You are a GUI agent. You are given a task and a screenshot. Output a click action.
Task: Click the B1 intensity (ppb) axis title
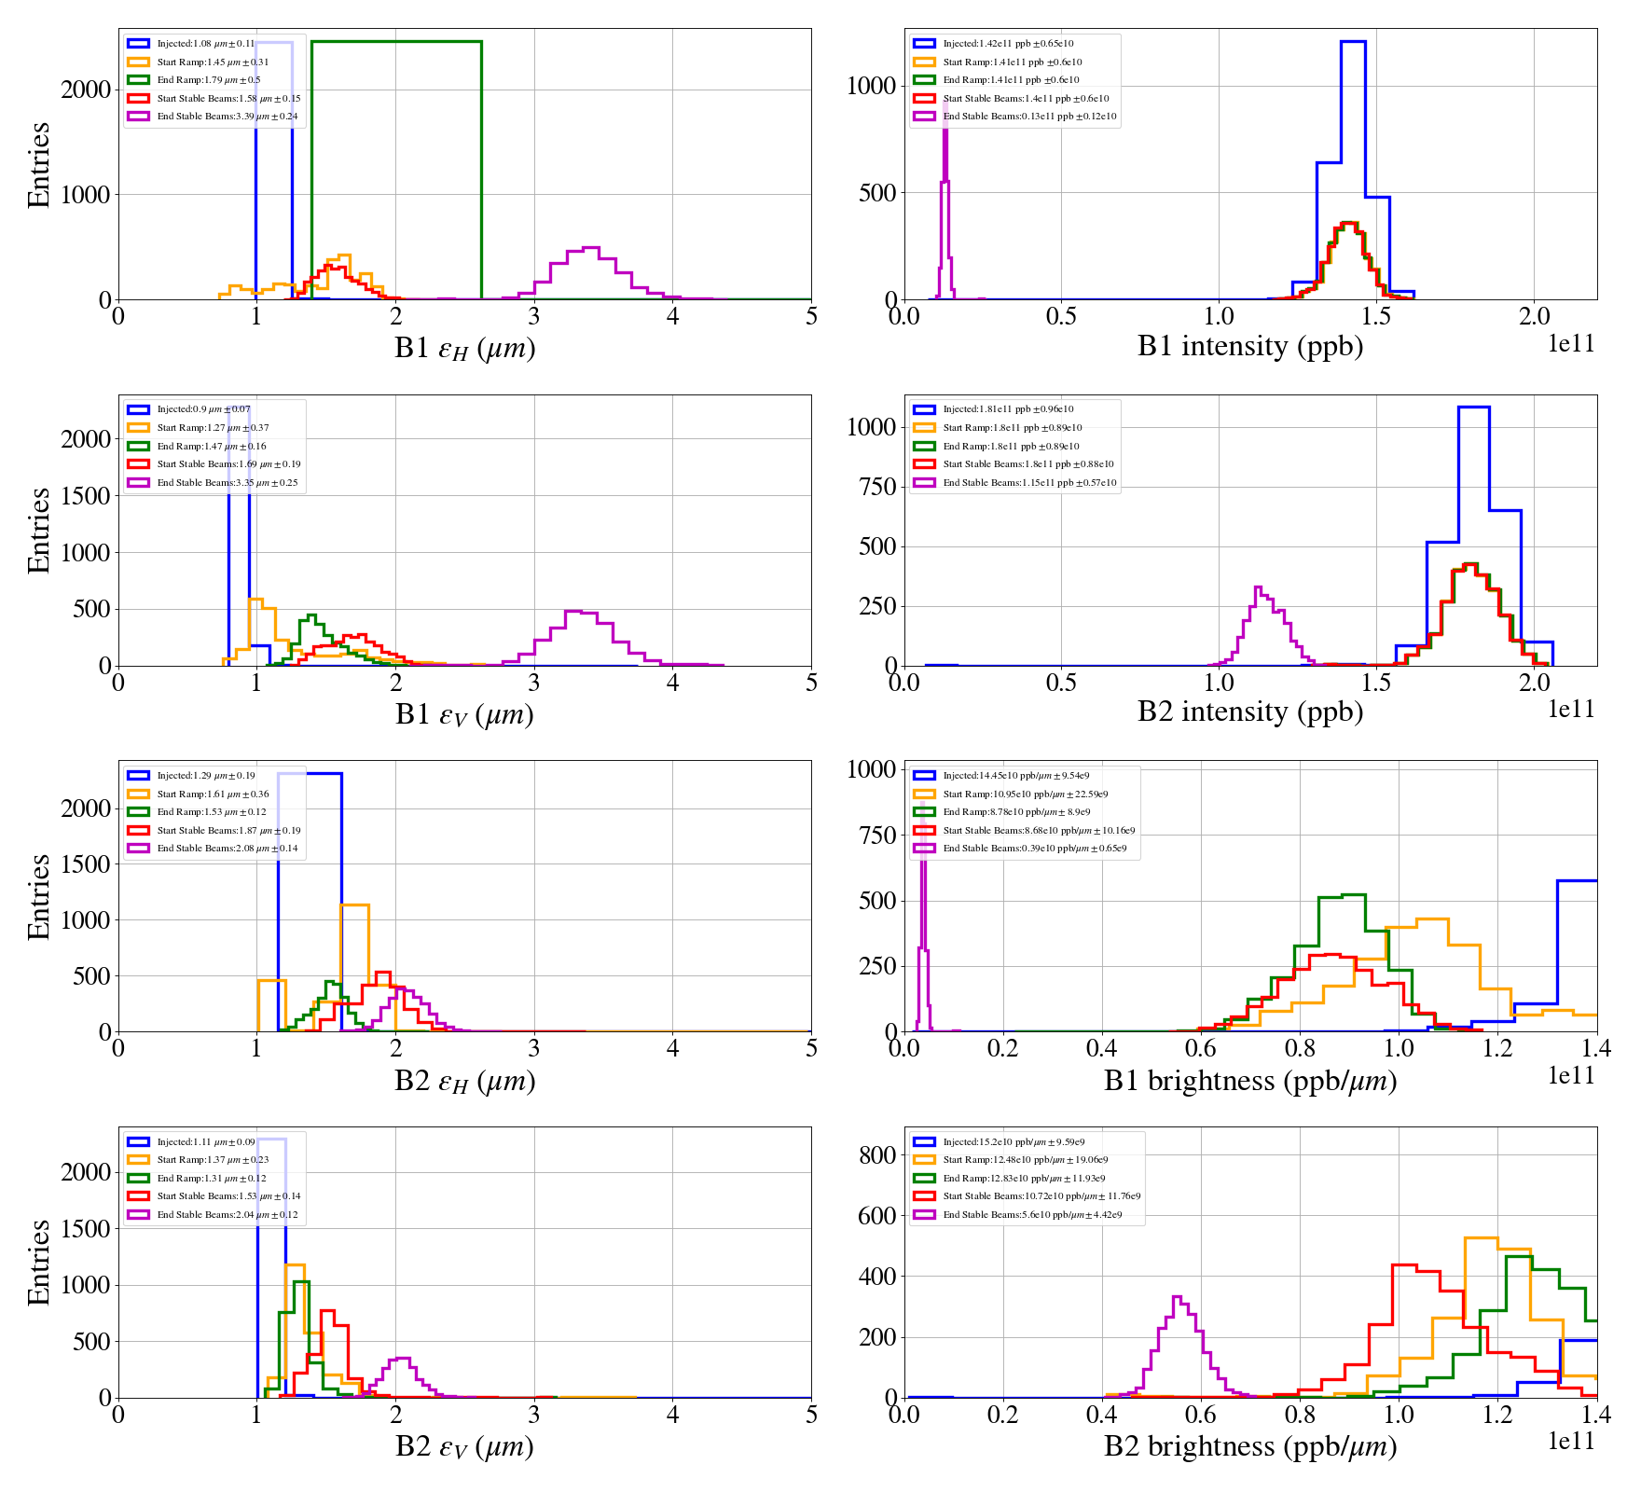[x=1249, y=346]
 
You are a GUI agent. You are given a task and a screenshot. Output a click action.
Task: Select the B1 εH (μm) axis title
[x=464, y=348]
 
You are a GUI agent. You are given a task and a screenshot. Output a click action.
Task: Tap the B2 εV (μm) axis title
[x=464, y=1446]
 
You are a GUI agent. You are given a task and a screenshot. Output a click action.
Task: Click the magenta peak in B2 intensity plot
[x=1259, y=588]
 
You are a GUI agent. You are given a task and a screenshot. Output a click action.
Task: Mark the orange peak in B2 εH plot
[x=354, y=905]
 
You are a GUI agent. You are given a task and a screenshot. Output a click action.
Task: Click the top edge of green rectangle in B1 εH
[x=396, y=42]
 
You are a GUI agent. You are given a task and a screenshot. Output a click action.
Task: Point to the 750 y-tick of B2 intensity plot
[x=876, y=487]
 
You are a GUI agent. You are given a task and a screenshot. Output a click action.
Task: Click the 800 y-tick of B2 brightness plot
[x=876, y=1154]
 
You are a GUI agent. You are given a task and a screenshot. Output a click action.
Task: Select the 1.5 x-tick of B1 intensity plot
[x=1376, y=317]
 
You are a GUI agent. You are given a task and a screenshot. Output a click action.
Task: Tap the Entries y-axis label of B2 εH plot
[x=39, y=896]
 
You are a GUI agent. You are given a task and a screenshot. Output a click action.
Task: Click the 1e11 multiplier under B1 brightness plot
[x=1571, y=1076]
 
